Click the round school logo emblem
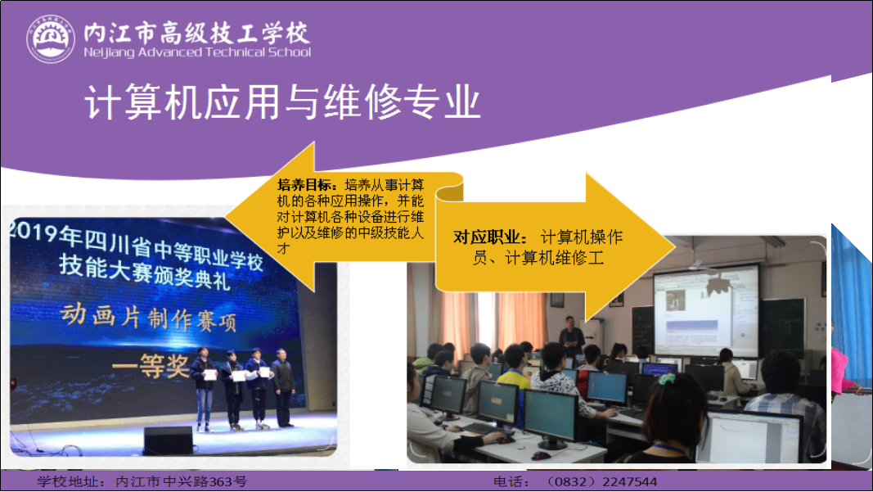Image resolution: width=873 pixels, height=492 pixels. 51,39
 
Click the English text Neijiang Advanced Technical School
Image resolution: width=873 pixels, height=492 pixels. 197,52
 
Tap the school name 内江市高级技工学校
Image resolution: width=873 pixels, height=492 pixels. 196,33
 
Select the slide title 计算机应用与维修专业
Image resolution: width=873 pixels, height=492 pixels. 282,102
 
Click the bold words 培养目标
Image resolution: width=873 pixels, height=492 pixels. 307,185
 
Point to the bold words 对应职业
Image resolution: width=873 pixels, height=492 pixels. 489,237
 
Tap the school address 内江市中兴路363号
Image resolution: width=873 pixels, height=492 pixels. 181,481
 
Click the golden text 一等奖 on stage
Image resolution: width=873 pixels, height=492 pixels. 151,365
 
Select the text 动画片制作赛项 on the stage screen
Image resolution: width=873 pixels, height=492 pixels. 148,318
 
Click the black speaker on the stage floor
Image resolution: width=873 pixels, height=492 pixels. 169,440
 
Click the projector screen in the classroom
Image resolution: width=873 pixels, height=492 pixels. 705,311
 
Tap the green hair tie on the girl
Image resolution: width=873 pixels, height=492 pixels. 667,380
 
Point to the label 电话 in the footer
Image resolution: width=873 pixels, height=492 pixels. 511,481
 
